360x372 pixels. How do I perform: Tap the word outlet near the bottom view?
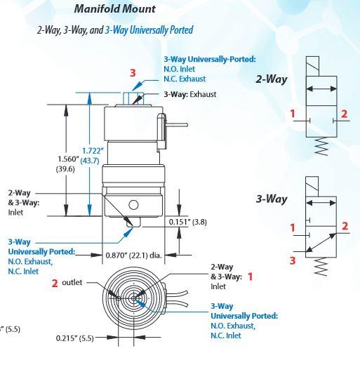click(73, 282)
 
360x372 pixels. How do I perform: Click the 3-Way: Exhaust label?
click(189, 94)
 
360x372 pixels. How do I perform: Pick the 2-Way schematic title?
click(272, 79)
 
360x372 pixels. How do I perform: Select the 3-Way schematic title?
click(271, 199)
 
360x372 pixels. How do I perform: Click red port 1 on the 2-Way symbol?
click(294, 113)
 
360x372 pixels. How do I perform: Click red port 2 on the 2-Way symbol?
click(343, 113)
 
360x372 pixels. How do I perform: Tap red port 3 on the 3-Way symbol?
click(294, 259)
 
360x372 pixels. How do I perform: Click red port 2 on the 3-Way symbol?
click(345, 225)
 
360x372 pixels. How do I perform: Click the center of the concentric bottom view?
click(133, 298)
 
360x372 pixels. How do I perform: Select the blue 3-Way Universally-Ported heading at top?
click(209, 60)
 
